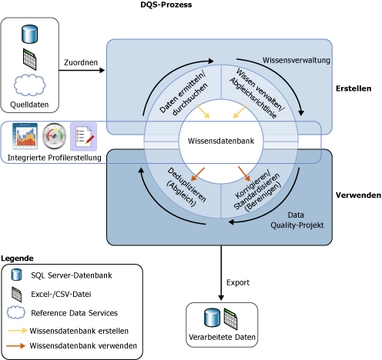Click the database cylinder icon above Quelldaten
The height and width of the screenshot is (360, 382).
(30, 34)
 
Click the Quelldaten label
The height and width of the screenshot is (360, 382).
(29, 106)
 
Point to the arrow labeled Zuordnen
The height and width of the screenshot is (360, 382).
(81, 71)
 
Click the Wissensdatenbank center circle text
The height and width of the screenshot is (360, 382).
(221, 141)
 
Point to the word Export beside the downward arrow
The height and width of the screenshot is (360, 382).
(238, 282)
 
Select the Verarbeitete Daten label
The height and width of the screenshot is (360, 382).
(223, 337)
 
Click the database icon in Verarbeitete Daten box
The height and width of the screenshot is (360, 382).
(210, 317)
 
